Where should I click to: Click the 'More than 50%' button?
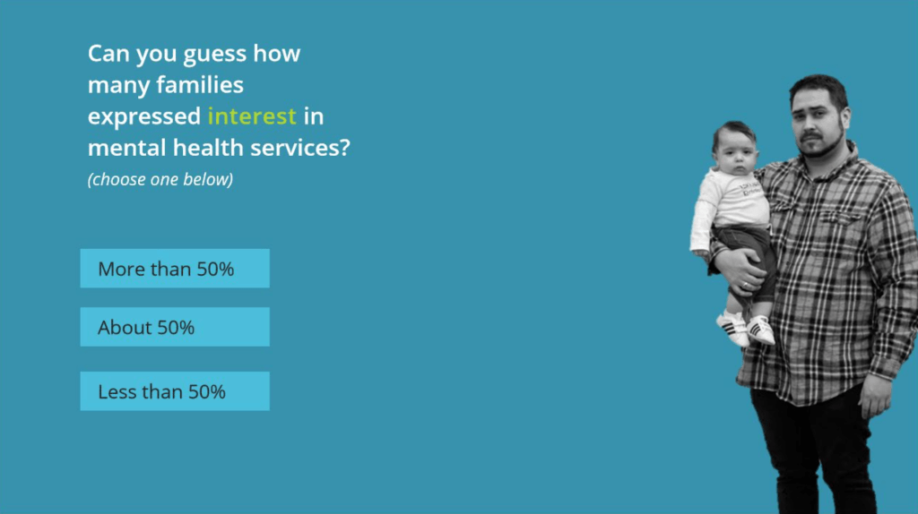pyautogui.click(x=175, y=269)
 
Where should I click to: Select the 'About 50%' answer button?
pyautogui.click(x=175, y=327)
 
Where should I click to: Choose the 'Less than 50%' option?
pyautogui.click(x=175, y=391)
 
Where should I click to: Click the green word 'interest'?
pyautogui.click(x=252, y=116)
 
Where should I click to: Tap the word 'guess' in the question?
pyautogui.click(x=215, y=55)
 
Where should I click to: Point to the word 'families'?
pyautogui.click(x=200, y=85)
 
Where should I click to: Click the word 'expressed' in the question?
pyautogui.click(x=144, y=117)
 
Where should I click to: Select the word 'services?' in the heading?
pyautogui.click(x=299, y=148)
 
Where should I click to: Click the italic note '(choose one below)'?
pyautogui.click(x=160, y=179)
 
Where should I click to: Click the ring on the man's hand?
pyautogui.click(x=745, y=285)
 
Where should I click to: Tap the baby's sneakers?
pyautogui.click(x=745, y=328)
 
